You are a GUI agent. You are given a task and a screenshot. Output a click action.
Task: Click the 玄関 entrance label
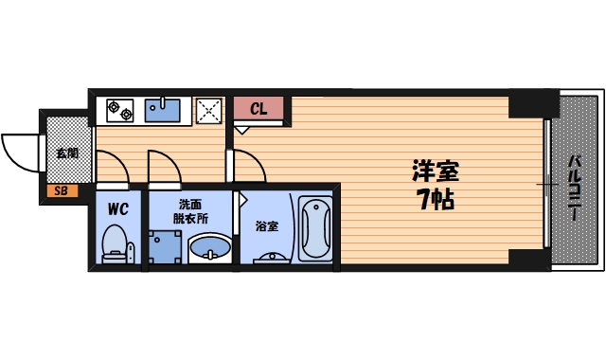[65, 152]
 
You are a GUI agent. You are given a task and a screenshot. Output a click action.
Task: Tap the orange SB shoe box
[61, 191]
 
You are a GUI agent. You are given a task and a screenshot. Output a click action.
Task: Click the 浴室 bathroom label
[267, 226]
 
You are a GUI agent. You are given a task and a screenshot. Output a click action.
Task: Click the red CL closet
[258, 109]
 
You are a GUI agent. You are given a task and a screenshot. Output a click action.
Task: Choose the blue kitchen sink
[167, 111]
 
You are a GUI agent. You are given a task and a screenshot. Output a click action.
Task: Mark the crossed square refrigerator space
[209, 110]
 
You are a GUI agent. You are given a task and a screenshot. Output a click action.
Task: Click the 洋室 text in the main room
[435, 173]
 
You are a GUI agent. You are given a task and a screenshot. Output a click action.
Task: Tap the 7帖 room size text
[435, 200]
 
